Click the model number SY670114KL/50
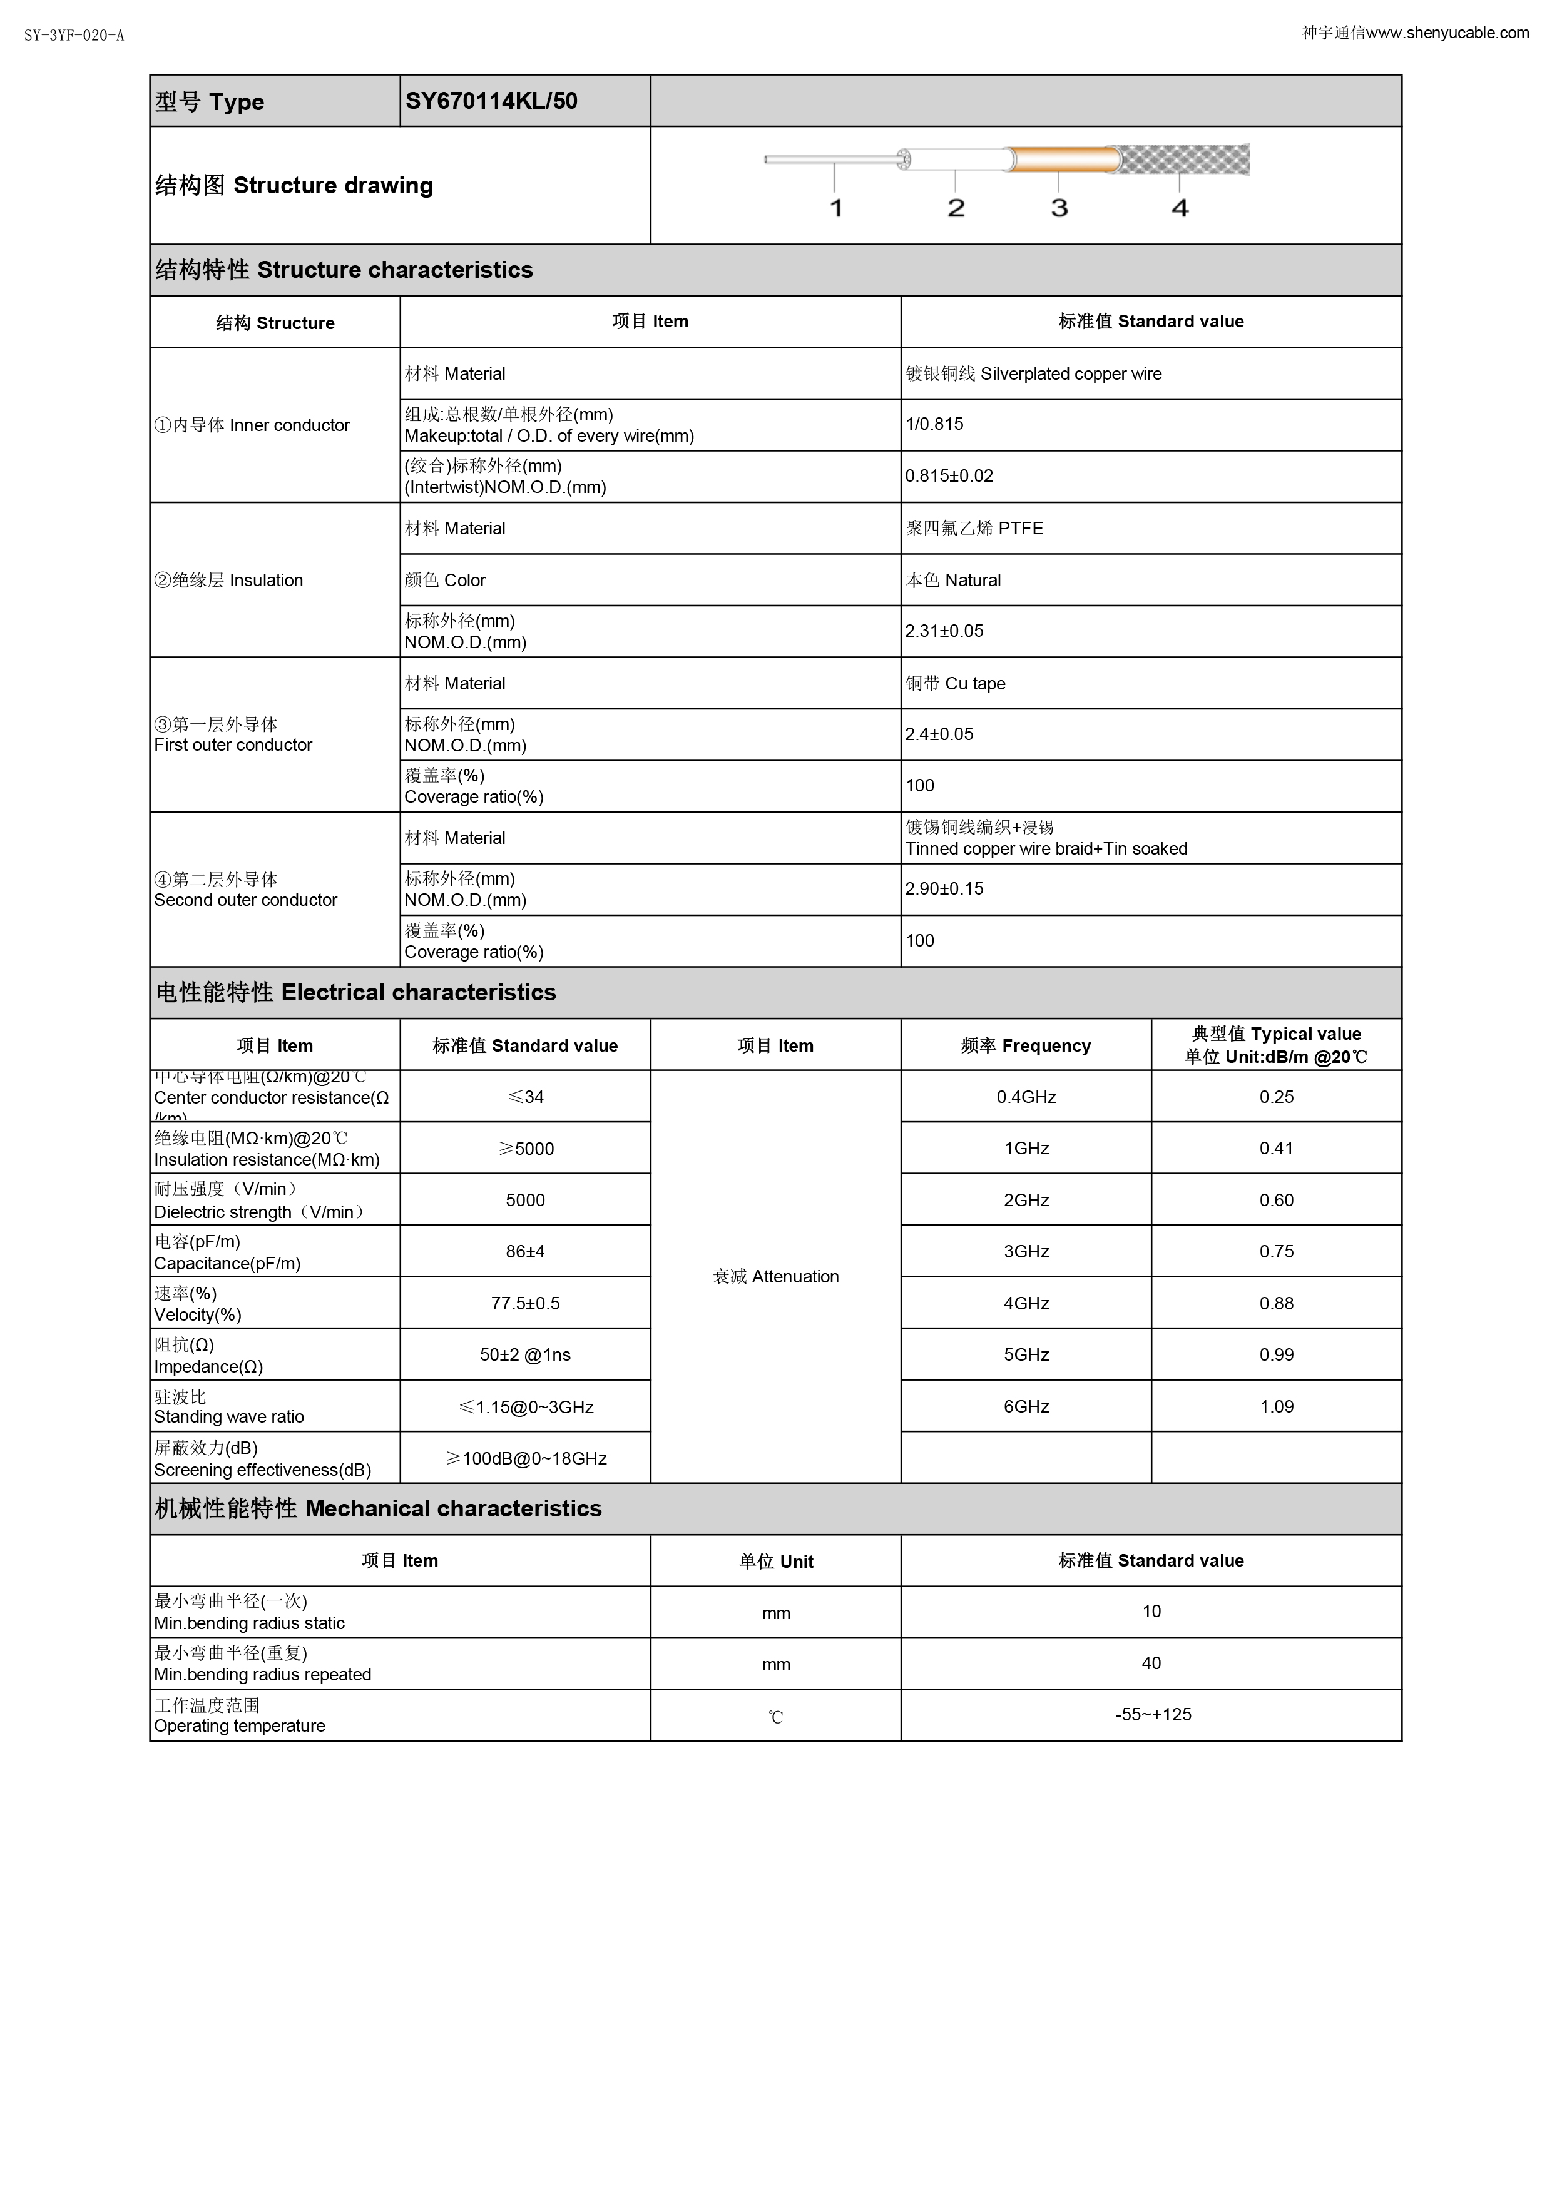tap(491, 101)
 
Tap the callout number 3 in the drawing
tap(1059, 208)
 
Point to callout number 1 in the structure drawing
tap(836, 208)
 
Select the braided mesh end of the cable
tap(1185, 160)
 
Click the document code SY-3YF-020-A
tap(74, 36)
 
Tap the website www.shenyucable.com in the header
tap(1447, 33)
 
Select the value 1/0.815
tap(934, 424)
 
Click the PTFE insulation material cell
tap(975, 529)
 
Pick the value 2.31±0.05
tap(944, 632)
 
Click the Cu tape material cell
tap(956, 683)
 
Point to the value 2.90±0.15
tap(944, 890)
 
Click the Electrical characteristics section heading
tap(355, 993)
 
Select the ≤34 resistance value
tap(526, 1097)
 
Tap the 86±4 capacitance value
tap(526, 1252)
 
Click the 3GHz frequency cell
tap(1026, 1252)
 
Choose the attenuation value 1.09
tap(1277, 1406)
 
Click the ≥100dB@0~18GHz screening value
tap(526, 1458)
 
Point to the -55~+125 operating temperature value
tap(1153, 1715)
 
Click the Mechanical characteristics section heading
tap(379, 1509)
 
